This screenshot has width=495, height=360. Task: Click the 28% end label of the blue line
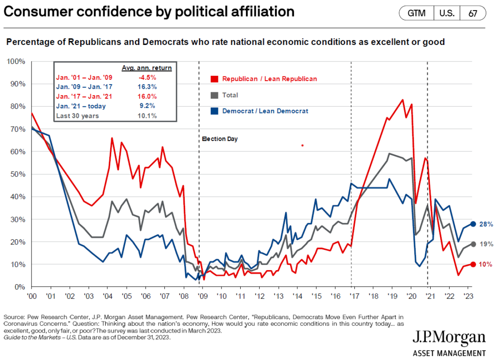(x=486, y=224)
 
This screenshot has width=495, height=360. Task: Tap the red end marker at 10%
(x=474, y=264)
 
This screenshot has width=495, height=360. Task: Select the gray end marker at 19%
(x=474, y=245)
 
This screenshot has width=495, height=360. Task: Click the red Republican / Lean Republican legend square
(x=214, y=79)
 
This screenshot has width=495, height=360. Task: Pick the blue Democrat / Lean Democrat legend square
(x=214, y=111)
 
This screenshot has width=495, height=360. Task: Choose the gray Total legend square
(x=214, y=95)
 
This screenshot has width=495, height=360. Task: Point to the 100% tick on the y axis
(x=17, y=61)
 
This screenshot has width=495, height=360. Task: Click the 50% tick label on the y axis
(x=19, y=174)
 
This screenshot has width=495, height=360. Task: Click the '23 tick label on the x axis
(x=467, y=296)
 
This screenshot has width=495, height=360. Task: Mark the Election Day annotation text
(x=219, y=139)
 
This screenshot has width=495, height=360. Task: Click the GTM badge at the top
(x=416, y=13)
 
